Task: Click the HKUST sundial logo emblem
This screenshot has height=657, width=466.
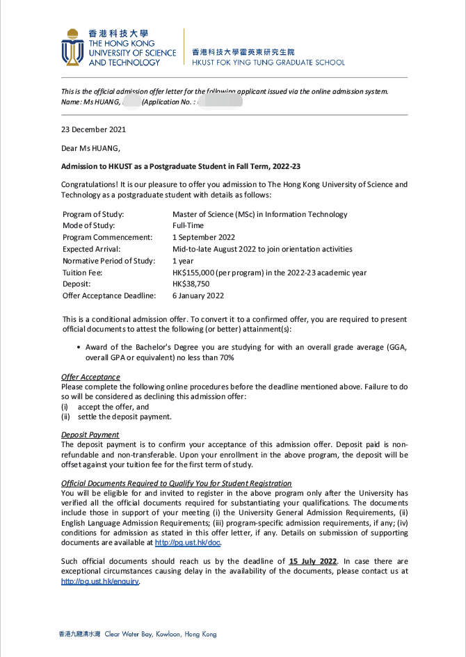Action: [x=72, y=47]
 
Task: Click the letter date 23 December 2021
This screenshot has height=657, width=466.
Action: [x=93, y=129]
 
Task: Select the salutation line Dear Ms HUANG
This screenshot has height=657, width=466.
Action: [x=90, y=147]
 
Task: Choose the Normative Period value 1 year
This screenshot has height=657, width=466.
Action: [x=183, y=261]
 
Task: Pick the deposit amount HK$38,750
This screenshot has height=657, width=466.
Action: [x=191, y=284]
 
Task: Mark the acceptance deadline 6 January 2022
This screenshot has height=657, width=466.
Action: [x=198, y=296]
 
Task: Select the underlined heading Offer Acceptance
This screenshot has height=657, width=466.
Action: [x=90, y=378]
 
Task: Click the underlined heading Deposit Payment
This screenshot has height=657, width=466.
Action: [x=90, y=435]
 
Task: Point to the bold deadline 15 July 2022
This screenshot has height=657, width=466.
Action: [x=313, y=561]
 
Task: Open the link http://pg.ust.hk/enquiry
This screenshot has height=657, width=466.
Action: [x=100, y=581]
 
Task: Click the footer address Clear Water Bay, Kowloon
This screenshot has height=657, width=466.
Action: [x=160, y=635]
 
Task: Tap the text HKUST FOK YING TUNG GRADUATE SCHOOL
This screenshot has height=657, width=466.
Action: [x=268, y=63]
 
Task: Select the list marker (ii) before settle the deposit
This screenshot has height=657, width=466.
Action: [x=66, y=417]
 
